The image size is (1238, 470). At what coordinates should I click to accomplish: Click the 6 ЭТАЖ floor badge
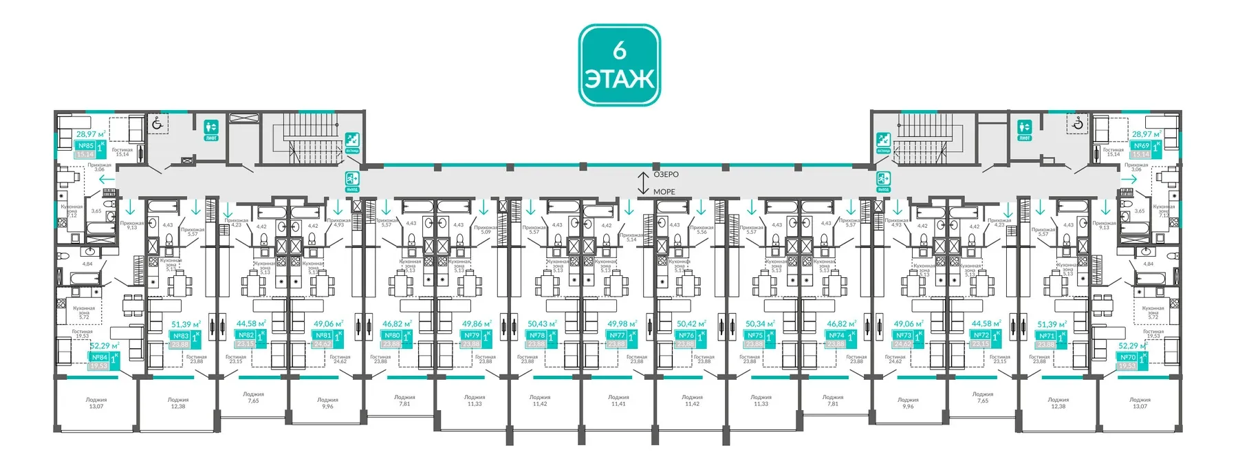coord(619,65)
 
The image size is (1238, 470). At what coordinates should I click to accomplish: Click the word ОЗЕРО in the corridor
coord(666,175)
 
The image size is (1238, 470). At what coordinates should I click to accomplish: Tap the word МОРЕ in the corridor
coord(664,192)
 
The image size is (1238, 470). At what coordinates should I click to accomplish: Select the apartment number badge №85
coord(86,146)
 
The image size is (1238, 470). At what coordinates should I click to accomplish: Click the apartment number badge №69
coord(1142,146)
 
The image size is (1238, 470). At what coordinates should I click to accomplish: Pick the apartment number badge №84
coord(99,357)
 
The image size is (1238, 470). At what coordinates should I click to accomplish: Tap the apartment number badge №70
coord(1128,357)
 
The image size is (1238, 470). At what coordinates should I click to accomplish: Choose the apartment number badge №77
coord(617,336)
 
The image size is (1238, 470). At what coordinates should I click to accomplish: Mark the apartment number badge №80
coord(392,336)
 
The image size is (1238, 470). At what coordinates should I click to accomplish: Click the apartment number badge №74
coord(836,336)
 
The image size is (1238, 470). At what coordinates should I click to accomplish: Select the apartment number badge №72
coord(980,335)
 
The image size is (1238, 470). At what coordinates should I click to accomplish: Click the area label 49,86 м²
coord(475,323)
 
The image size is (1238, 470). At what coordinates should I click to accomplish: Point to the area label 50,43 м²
coord(541,323)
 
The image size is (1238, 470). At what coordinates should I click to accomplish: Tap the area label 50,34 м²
coord(759,323)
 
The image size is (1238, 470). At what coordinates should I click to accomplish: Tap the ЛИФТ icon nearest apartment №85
coord(211,129)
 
